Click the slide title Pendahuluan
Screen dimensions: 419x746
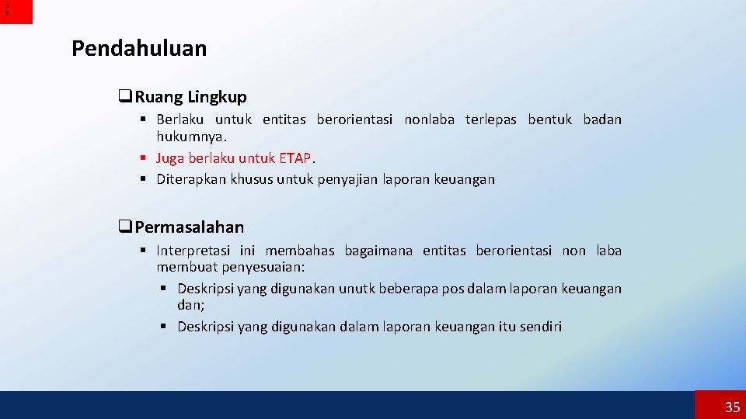(139, 49)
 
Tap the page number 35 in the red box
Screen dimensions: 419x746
(732, 407)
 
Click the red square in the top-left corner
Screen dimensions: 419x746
(16, 12)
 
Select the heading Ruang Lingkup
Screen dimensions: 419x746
(190, 97)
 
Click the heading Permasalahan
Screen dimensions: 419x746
(189, 227)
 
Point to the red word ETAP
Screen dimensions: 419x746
(295, 158)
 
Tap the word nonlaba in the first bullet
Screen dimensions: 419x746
(430, 119)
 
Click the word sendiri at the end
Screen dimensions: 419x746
(539, 327)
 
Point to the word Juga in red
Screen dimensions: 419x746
(171, 158)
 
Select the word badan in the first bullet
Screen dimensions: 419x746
(602, 119)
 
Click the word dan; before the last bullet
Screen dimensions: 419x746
(190, 305)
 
